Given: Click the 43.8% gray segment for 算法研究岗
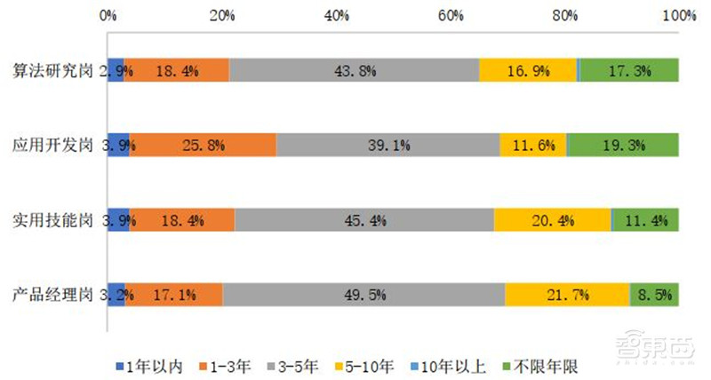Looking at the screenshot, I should pos(354,70).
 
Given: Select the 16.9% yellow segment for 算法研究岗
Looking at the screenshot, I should pos(528,70).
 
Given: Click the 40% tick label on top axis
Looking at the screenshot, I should pos(337,15).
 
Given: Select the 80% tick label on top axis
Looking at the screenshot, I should pos(565,15).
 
